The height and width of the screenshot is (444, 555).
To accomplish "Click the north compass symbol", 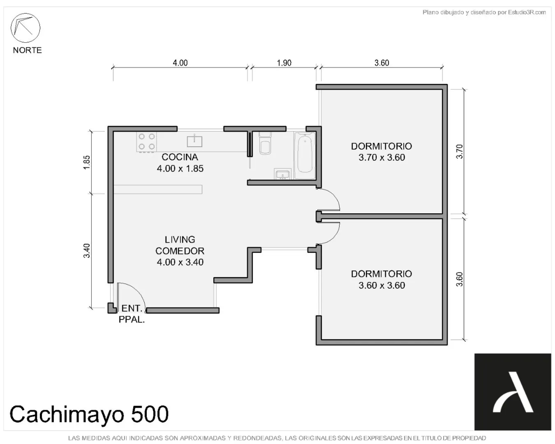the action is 25,28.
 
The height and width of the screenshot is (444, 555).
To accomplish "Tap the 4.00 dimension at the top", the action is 180,63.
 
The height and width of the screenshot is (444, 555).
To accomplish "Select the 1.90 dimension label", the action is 284,63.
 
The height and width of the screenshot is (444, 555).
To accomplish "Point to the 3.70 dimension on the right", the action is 459,151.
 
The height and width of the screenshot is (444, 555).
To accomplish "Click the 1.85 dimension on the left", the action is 87,162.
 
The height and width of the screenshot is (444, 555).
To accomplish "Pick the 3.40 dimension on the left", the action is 87,251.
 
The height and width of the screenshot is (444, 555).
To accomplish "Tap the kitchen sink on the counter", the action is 195,141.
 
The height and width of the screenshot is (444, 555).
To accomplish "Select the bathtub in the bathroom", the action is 305,156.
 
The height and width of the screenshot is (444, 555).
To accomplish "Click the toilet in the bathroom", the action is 265,143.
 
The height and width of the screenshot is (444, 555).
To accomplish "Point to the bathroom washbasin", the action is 282,174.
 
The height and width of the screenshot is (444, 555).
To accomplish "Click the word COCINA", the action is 180,157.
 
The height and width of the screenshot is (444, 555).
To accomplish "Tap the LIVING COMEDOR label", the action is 180,245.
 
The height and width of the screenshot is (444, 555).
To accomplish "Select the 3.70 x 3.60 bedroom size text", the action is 382,158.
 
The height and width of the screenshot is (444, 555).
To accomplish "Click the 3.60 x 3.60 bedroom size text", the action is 382,285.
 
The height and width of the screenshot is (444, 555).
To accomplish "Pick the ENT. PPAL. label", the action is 132,314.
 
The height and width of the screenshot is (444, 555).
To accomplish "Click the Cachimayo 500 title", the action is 89,414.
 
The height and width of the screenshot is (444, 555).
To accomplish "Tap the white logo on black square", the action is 513,392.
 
